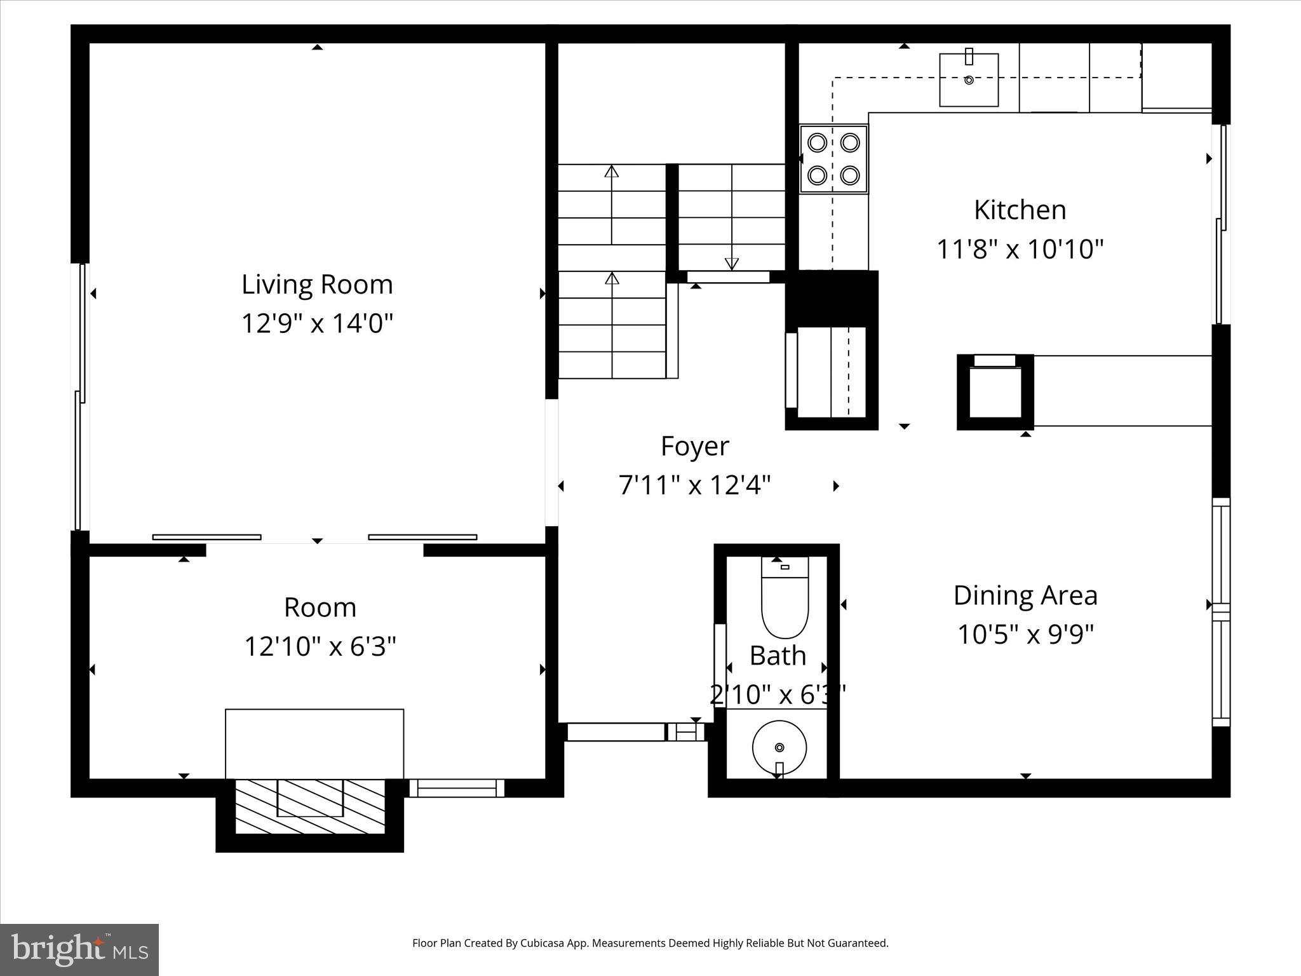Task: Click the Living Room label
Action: (317, 284)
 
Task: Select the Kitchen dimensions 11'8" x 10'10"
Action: (1020, 249)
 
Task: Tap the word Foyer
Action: (694, 446)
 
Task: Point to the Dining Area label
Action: (1025, 595)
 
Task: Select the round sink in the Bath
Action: (779, 747)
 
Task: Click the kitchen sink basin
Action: (969, 80)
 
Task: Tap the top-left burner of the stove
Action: (816, 142)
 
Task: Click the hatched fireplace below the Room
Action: (310, 806)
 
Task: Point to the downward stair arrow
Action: (732, 263)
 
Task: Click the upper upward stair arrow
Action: (611, 172)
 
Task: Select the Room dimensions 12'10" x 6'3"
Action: (320, 647)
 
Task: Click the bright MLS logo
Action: (79, 949)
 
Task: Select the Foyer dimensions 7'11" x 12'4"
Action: (694, 485)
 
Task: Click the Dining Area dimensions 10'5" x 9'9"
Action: (1025, 634)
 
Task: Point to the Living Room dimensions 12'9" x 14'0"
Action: (317, 323)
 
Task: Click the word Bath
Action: (778, 656)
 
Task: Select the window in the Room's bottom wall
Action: (456, 788)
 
